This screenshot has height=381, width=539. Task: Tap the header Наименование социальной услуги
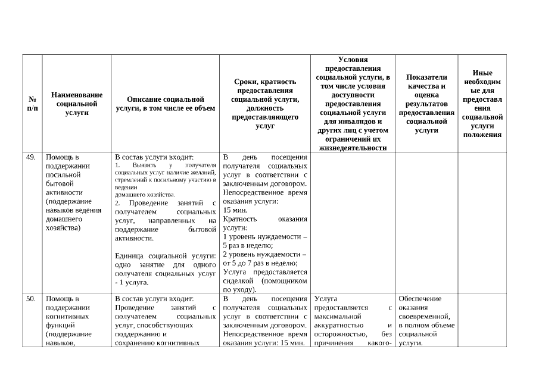pyautogui.click(x=77, y=104)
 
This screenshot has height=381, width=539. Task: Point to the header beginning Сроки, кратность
pyautogui.click(x=265, y=104)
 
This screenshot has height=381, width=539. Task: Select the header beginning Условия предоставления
pyautogui.click(x=353, y=104)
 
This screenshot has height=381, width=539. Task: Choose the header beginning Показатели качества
pyautogui.click(x=426, y=104)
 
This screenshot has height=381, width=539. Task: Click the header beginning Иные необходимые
pyautogui.click(x=482, y=104)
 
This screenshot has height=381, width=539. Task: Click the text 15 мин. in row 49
pyautogui.click(x=232, y=210)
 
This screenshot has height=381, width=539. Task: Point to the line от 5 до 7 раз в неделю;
pyautogui.click(x=260, y=263)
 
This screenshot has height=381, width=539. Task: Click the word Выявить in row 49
pyautogui.click(x=145, y=165)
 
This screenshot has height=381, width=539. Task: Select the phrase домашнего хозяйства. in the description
pyautogui.click(x=145, y=195)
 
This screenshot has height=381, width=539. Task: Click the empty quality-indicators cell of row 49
pyautogui.click(x=426, y=223)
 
